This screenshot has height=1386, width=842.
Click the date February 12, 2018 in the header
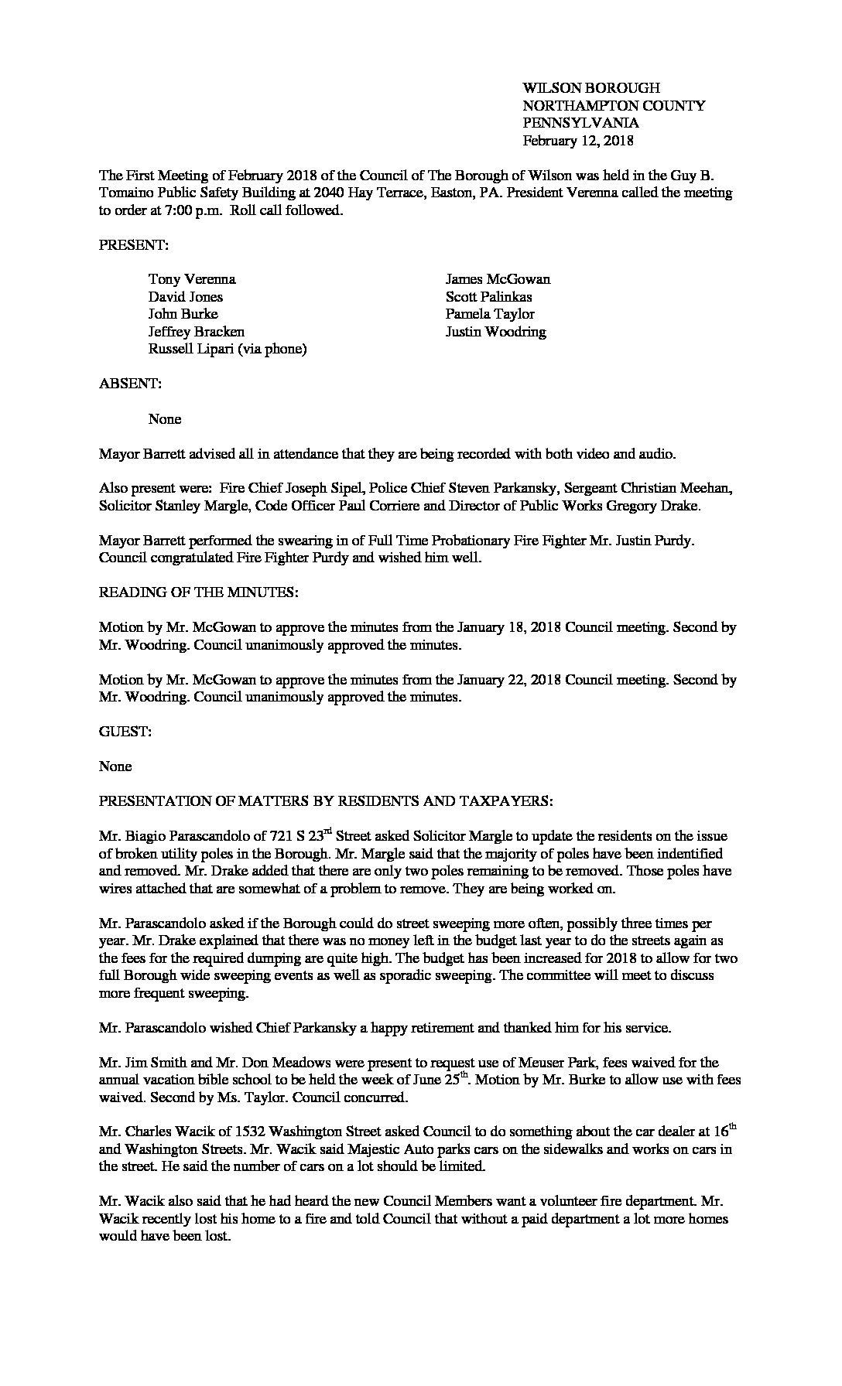click(x=577, y=141)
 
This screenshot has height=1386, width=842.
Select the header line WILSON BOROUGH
click(x=590, y=88)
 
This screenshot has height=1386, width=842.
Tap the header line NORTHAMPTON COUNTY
click(x=614, y=106)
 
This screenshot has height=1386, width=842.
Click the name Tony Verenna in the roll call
click(x=192, y=279)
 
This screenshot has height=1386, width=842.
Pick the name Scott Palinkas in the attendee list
click(x=488, y=297)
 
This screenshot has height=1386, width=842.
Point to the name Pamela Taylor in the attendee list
click(x=489, y=314)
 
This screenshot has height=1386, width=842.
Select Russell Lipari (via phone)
click(x=228, y=349)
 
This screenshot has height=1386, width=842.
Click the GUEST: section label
click(x=125, y=732)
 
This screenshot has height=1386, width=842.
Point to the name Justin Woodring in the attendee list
click(x=495, y=332)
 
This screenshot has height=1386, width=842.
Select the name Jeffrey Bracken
click(x=197, y=332)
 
